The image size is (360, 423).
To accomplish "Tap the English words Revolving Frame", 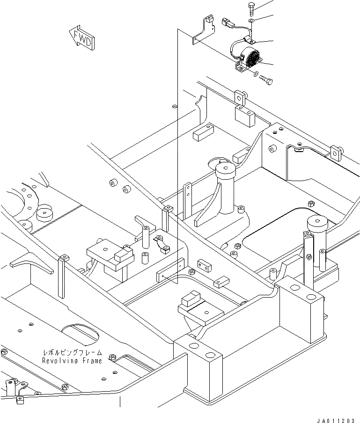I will click(72, 361).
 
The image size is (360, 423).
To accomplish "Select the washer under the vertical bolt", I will click(252, 21).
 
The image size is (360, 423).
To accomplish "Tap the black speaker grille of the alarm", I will click(253, 59).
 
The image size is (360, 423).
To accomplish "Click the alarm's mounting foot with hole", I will click(241, 70).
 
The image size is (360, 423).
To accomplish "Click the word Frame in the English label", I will click(92, 361).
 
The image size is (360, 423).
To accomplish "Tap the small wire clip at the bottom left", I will click(19, 400).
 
